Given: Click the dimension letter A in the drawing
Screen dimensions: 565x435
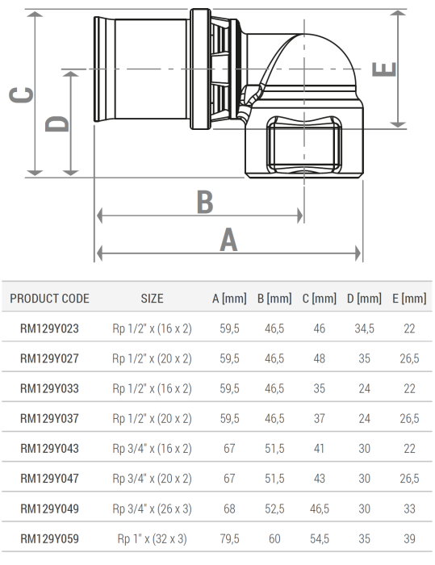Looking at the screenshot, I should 228,239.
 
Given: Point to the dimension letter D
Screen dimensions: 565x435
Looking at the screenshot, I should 56,123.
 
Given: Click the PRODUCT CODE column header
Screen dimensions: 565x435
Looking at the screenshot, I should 49,299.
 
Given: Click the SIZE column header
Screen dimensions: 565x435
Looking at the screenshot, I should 152,299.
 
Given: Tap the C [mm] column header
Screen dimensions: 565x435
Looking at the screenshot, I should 319,299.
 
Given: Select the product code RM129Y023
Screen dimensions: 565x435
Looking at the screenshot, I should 49,329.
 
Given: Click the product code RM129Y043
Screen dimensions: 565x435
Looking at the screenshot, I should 49,449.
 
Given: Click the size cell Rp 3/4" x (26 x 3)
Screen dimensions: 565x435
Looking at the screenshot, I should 152,509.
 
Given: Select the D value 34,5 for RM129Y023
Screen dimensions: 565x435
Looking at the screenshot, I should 364,329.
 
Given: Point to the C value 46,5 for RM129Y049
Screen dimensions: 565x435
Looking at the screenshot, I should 319,509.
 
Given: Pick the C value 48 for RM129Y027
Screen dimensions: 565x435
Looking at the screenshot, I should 319,358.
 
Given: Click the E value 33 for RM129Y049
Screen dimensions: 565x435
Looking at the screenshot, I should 408,509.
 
